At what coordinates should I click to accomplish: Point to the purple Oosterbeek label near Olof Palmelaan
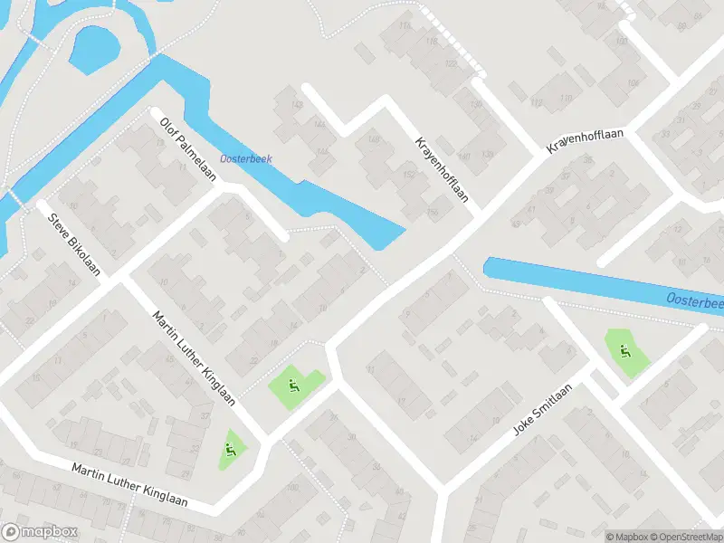(x=245, y=159)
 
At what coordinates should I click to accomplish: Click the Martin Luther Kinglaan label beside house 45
(x=195, y=359)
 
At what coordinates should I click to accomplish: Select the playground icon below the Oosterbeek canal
(x=624, y=351)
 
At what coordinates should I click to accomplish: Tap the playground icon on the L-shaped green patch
(x=293, y=386)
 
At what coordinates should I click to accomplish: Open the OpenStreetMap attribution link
(x=684, y=536)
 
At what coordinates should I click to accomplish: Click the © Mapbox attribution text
(x=624, y=536)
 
